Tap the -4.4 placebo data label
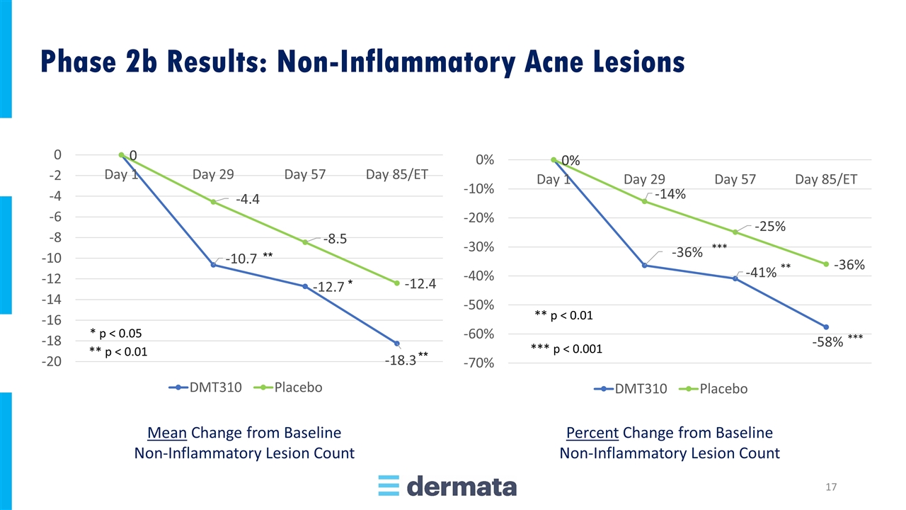[x=248, y=199]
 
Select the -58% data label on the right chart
[x=827, y=342]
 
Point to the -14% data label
[x=670, y=193]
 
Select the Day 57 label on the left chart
[x=304, y=174]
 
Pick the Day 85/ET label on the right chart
[x=826, y=179]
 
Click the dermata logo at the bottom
[x=447, y=486]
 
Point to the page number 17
[x=832, y=487]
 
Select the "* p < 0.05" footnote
[x=117, y=332]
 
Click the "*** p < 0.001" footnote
[x=566, y=348]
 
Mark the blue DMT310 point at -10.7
[x=213, y=264]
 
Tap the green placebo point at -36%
[x=826, y=264]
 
